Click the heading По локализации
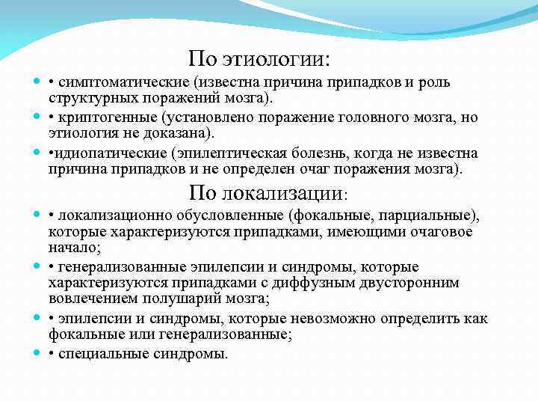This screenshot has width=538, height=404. coord(268,194)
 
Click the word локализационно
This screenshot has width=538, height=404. coord(108,216)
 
